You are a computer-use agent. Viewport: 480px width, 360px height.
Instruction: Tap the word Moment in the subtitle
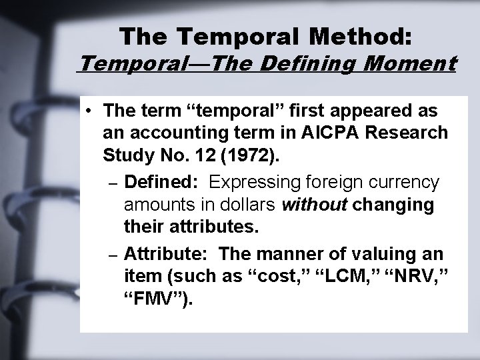tap(415, 65)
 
